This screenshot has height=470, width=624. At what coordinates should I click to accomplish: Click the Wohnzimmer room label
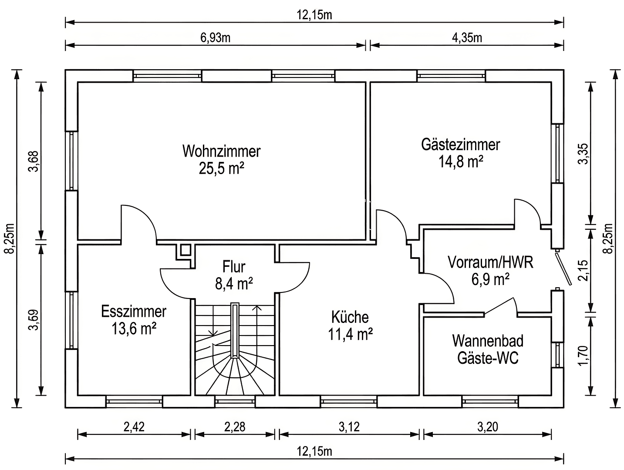click(x=221, y=151)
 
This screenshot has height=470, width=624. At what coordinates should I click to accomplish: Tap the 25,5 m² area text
click(x=221, y=168)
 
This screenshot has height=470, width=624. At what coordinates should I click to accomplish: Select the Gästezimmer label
click(x=460, y=144)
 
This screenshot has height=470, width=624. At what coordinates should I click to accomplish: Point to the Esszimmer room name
click(x=134, y=311)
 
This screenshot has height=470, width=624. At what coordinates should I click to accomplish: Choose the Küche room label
click(x=350, y=317)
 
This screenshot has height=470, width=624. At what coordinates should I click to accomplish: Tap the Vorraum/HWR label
click(x=490, y=262)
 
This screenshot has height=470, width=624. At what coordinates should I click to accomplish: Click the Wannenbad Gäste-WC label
click(x=488, y=349)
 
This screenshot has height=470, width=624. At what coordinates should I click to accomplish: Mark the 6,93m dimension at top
click(x=215, y=38)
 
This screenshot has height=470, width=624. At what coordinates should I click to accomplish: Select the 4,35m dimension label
click(x=467, y=38)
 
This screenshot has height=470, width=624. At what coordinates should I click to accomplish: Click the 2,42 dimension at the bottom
click(x=134, y=427)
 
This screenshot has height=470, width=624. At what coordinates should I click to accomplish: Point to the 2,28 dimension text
click(x=235, y=427)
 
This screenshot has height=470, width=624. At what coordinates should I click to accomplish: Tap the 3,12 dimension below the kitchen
click(x=349, y=427)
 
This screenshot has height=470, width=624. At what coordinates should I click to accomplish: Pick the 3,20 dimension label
click(x=487, y=427)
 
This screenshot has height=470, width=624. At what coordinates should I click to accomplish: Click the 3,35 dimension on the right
click(x=583, y=154)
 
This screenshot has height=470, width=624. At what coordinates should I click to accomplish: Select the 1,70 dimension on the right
click(x=583, y=356)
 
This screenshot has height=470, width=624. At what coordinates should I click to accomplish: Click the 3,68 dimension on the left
click(x=33, y=161)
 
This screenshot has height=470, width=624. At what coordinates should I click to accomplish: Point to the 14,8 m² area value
click(x=460, y=162)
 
